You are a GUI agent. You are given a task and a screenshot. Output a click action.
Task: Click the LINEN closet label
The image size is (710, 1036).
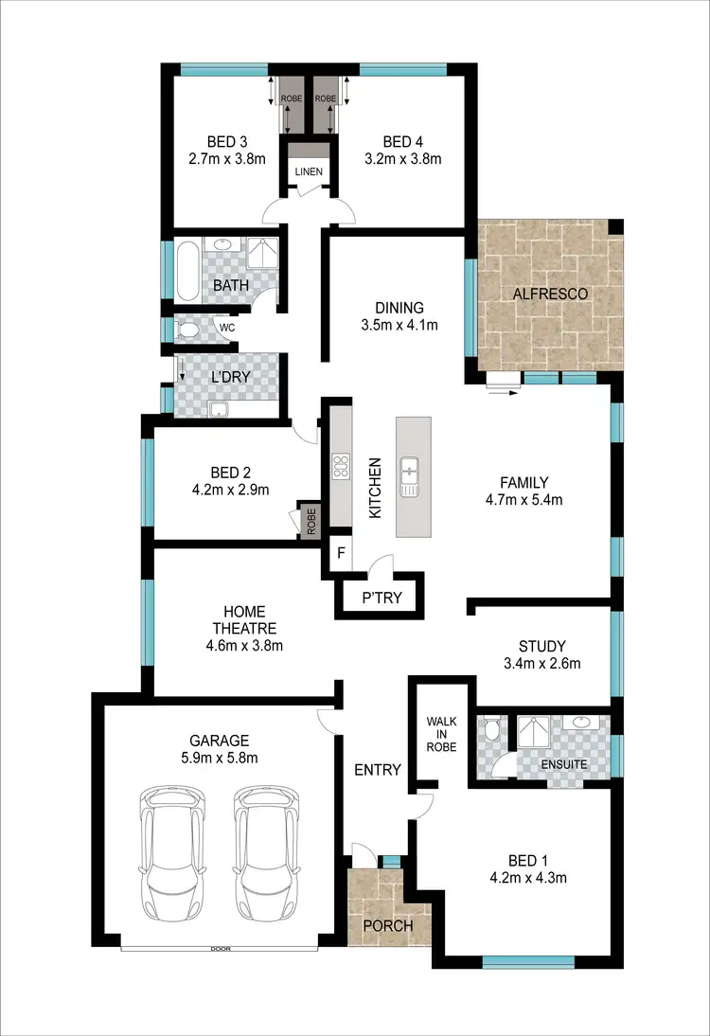[309, 172]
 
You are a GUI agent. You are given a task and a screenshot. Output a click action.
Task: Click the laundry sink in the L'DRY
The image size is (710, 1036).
[220, 409]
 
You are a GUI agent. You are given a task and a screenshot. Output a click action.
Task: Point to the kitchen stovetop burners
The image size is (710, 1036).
[340, 466]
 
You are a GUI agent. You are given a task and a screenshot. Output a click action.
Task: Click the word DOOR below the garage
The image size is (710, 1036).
[221, 947]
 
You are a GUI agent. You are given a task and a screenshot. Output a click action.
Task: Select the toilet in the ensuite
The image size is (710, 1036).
[489, 729]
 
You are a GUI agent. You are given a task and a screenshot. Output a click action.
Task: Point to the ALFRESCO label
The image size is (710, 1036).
[550, 295]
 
